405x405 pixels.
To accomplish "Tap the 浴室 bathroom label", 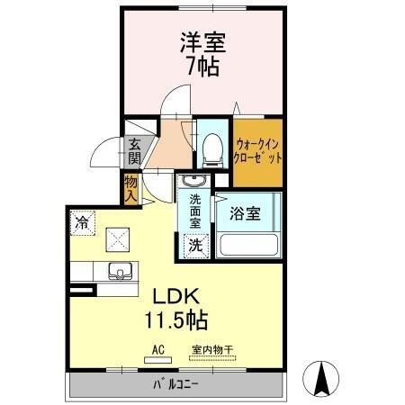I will coord(245,214).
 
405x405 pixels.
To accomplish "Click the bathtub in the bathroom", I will coord(247,245).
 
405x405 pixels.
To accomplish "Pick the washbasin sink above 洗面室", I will coord(193,183).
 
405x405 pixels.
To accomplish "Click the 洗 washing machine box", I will coord(194,243).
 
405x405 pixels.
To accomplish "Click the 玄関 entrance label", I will coord(134,149).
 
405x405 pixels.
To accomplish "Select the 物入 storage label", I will coord(130,188).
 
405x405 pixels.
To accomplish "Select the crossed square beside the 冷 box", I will coord(119,238).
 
